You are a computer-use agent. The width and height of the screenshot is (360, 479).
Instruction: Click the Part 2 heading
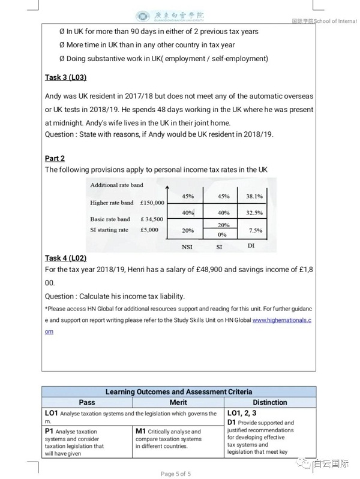click(x=55, y=158)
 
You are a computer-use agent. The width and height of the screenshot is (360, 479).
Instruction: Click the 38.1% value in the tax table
click(x=254, y=196)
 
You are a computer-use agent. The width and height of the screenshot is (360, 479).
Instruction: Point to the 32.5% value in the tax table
click(x=254, y=212)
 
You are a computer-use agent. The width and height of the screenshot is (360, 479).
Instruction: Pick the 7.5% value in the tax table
click(x=255, y=230)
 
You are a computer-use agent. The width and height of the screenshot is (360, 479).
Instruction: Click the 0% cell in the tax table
click(x=223, y=234)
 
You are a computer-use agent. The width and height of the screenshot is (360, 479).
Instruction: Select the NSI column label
click(x=187, y=247)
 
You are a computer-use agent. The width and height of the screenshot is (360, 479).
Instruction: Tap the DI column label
click(x=251, y=246)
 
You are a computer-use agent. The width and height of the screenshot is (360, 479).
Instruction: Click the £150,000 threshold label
click(x=152, y=203)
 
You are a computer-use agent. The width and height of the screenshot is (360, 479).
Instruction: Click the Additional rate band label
click(x=117, y=185)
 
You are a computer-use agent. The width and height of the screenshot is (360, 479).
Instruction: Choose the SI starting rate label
click(x=109, y=230)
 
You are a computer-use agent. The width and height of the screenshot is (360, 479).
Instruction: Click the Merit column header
click(x=178, y=402)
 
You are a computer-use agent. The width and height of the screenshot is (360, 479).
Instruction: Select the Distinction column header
click(x=269, y=402)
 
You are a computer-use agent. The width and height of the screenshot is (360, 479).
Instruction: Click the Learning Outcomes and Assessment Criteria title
click(x=179, y=391)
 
